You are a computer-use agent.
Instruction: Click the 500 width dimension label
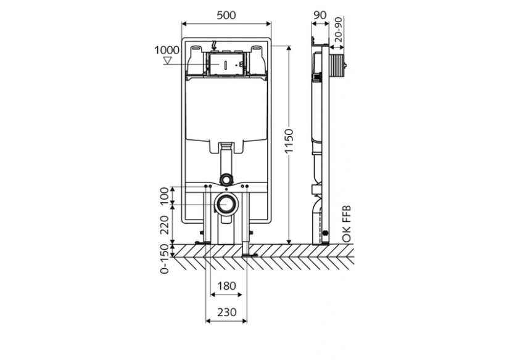point(226,15)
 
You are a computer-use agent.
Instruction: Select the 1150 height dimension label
point(289,141)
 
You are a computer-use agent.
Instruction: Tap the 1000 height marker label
point(167,50)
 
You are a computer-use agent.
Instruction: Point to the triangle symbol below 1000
point(168,60)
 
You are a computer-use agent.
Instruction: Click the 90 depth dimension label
point(320,15)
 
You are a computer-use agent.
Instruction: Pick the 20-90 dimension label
point(339,30)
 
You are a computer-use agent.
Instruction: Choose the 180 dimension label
point(226,286)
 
